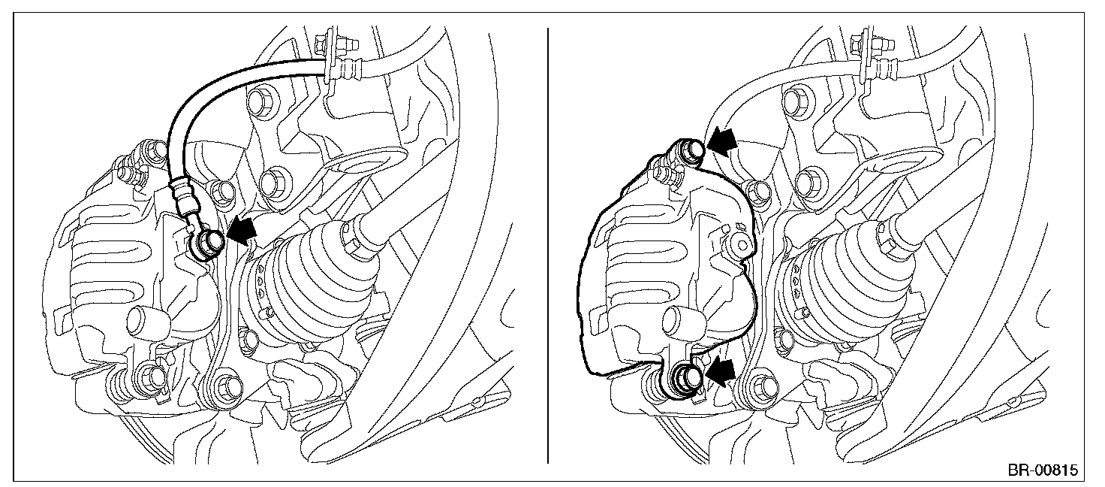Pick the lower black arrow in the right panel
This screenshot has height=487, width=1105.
721,371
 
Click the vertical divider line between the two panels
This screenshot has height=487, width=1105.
548,246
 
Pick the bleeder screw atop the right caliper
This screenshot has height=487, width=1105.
665,174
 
